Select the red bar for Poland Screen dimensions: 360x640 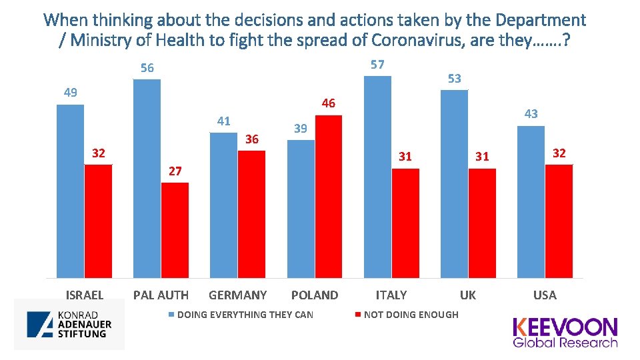pos(328,197)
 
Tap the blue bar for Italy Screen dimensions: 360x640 pos(377,177)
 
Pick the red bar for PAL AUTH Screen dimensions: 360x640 pos(175,230)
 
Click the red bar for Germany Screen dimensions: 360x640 pos(251,214)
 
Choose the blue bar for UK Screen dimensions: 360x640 pos(454,183)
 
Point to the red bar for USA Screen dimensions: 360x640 pos(559,221)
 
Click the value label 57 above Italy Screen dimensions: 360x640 pos(377,65)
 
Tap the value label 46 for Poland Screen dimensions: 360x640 pos(328,103)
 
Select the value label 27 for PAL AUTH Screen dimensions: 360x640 pos(175,171)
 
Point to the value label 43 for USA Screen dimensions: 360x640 pos(531,114)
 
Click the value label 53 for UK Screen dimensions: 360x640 pos(454,79)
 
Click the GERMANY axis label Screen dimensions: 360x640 pos(238,295)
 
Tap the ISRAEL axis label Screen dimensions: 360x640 pos(85,295)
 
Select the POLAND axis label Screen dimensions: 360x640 pos(315,295)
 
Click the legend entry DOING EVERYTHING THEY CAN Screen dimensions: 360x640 pos(245,315)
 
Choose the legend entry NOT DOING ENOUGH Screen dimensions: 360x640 pos(411,315)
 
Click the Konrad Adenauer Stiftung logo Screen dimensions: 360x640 pos(69,324)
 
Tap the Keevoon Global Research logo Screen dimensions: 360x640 pos(565,332)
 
